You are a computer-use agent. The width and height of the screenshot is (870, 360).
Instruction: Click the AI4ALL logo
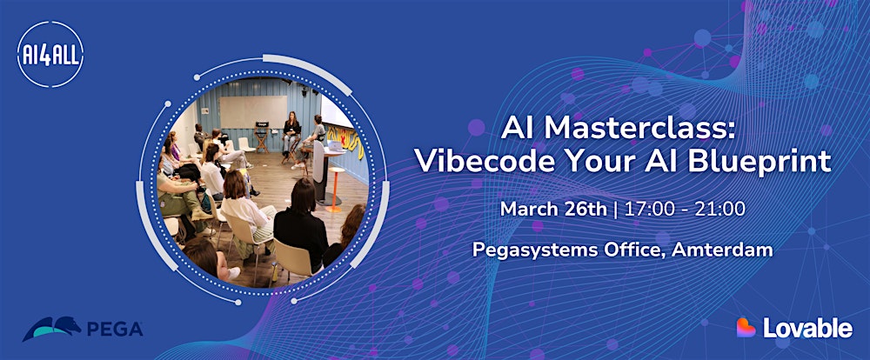point(49,57)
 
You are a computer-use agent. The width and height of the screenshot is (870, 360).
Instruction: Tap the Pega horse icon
point(51,329)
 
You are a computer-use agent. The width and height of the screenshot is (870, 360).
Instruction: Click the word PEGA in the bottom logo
point(115,330)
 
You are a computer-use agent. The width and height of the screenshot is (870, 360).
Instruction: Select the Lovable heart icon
point(746,327)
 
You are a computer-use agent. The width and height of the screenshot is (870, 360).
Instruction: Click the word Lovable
point(807,328)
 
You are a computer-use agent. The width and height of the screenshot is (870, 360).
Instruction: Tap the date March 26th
point(542,210)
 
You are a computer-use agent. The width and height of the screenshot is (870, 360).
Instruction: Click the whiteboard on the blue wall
point(252,112)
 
